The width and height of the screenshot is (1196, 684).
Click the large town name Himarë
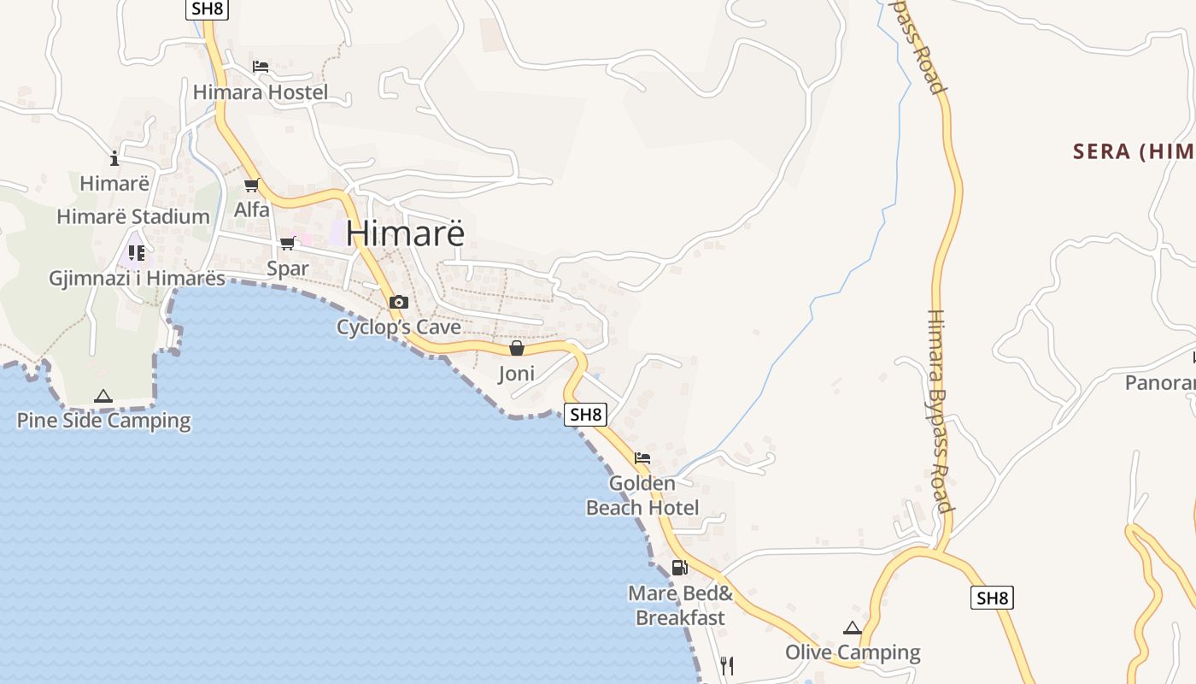[x=406, y=233]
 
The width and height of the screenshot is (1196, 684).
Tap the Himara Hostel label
[x=261, y=91]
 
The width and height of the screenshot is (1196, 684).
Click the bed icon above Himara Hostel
[x=261, y=67]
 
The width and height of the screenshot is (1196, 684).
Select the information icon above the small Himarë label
[x=114, y=158]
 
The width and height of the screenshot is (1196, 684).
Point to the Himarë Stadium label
[x=133, y=216]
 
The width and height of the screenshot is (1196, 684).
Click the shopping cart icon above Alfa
[x=251, y=186]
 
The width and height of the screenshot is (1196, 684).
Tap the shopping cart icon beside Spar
[x=288, y=244]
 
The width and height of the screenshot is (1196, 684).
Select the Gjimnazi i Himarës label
[x=137, y=278]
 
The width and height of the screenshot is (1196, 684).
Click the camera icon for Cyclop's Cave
[x=398, y=302]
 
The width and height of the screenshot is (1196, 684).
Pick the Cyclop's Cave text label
[x=398, y=327]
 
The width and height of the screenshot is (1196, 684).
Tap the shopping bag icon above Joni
[x=517, y=348]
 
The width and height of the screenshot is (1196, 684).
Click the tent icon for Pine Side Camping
[x=103, y=396]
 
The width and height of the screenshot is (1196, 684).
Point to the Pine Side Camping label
[x=103, y=420]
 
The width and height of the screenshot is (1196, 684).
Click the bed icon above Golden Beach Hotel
[x=642, y=458]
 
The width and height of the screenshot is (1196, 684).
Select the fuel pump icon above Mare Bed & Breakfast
[x=680, y=567]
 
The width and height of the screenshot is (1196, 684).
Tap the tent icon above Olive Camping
[x=853, y=628]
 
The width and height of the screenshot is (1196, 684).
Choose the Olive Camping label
[x=853, y=652]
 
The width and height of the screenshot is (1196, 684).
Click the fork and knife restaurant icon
[x=727, y=665]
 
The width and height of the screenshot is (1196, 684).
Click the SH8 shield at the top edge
[x=207, y=9]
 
